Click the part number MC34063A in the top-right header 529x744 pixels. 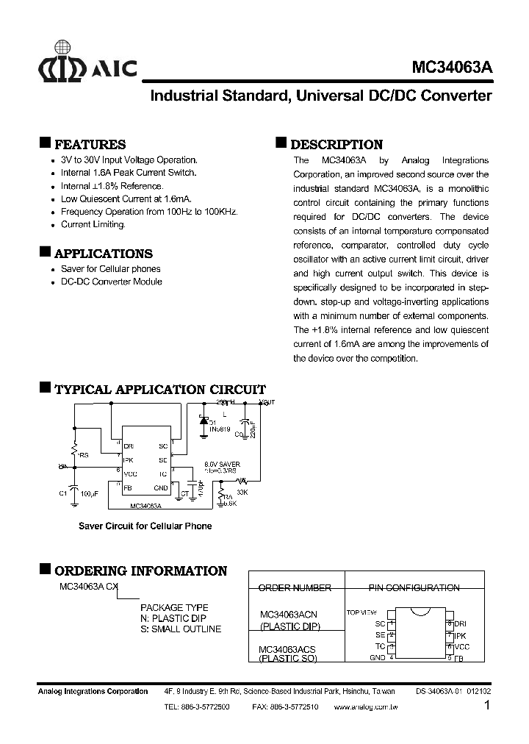453,66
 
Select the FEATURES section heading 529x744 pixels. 90,145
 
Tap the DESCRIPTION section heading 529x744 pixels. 337,145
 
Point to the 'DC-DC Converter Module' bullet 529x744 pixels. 111,282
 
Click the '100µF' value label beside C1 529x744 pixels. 90,494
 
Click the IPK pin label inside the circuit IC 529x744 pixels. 128,459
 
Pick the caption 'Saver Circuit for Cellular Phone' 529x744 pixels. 145,526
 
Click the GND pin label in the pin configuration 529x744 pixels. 378,657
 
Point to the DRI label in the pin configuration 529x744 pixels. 461,623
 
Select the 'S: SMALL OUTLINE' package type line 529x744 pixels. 180,629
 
